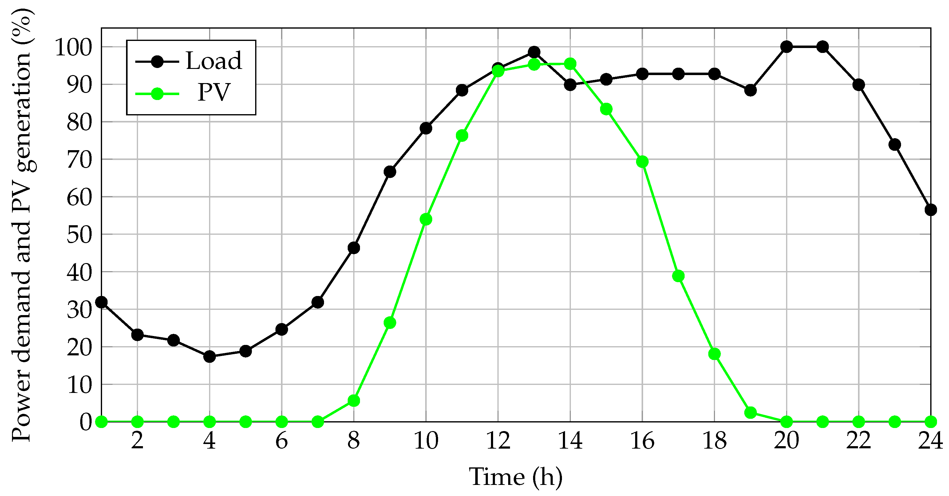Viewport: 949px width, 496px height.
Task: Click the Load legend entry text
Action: pyautogui.click(x=214, y=61)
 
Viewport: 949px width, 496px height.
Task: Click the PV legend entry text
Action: pyautogui.click(x=214, y=92)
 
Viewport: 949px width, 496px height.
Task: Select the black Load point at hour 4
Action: pyautogui.click(x=210, y=357)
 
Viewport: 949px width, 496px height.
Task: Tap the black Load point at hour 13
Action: pyautogui.click(x=534, y=52)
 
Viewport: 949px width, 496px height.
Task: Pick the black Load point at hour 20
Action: pyautogui.click(x=787, y=47)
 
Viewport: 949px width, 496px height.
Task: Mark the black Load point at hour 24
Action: pyautogui.click(x=931, y=210)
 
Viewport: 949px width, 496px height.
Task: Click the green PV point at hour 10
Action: pyautogui.click(x=426, y=219)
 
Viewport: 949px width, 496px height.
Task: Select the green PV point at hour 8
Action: pyautogui.click(x=354, y=401)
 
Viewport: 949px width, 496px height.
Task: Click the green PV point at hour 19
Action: pyautogui.click(x=750, y=412)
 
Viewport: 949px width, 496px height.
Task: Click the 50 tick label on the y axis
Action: pyautogui.click(x=79, y=234)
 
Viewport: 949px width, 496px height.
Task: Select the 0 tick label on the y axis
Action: pyautogui.click(x=86, y=422)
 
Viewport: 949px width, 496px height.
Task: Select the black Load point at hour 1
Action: pyautogui.click(x=101, y=302)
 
